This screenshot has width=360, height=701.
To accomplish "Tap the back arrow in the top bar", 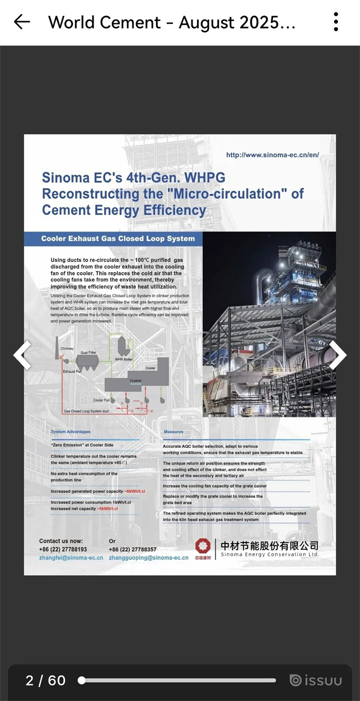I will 22,22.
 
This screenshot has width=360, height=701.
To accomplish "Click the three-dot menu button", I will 336,22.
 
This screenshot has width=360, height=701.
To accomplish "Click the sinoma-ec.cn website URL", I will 272,155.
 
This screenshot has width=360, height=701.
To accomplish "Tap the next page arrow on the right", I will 337,355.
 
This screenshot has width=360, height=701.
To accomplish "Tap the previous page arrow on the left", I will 23,355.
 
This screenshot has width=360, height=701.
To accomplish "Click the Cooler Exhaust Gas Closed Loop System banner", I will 118,239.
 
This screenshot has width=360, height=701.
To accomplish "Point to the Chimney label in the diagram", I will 67,348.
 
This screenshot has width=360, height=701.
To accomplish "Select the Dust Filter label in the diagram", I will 89,352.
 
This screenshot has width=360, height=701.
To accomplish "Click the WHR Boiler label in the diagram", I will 124,359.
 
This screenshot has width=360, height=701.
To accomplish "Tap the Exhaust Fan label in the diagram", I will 72,372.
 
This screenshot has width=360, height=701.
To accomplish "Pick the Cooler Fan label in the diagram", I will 101,400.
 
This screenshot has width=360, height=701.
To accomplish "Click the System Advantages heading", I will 70,431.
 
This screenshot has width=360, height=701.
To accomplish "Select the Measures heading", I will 173,431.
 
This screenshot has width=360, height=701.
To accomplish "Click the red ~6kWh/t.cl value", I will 135,491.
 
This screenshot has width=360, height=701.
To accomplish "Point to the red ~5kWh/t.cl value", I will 107,508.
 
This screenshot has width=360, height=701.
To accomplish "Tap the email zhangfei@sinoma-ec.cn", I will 71,558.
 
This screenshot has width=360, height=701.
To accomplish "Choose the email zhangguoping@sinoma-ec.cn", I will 148,558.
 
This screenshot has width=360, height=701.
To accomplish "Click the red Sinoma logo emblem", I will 203,546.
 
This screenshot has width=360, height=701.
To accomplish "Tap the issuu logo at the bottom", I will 316,681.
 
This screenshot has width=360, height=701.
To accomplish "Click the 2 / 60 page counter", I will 45,681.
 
